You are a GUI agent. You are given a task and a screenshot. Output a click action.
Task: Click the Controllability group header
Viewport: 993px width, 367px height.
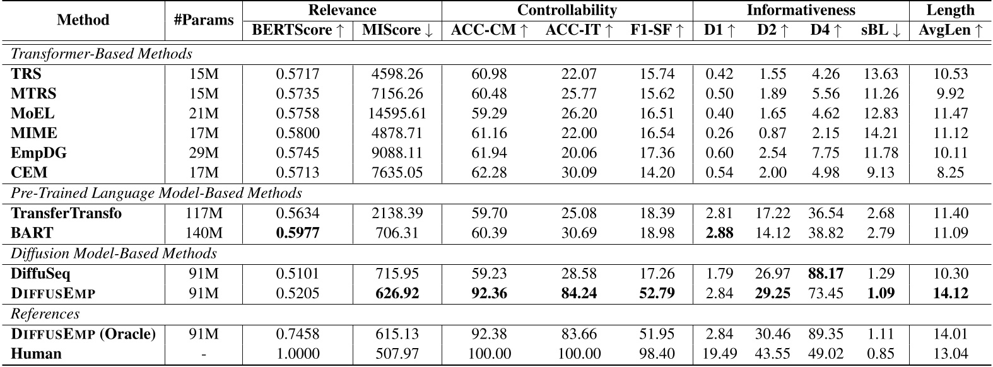point(567,10)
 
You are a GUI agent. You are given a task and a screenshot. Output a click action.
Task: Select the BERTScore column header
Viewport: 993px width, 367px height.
point(298,30)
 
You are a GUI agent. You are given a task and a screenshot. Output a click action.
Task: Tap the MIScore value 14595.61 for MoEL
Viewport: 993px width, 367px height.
point(397,114)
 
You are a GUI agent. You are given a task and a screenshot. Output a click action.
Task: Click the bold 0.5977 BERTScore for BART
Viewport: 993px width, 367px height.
point(298,233)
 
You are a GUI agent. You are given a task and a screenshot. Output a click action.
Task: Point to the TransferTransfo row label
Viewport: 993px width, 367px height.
point(67,213)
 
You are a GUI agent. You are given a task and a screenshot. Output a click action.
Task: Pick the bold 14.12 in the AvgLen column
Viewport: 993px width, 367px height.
point(950,293)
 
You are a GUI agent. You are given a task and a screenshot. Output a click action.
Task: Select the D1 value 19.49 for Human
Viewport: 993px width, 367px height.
point(719,353)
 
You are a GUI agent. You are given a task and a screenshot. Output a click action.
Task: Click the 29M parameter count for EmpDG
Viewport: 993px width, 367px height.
point(203,153)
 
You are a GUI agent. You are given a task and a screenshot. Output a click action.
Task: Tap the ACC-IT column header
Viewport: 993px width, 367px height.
point(579,30)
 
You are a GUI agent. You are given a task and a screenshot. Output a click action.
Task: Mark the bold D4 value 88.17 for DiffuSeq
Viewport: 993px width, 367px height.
point(826,274)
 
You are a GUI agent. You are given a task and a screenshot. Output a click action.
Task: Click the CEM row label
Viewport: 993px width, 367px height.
point(30,173)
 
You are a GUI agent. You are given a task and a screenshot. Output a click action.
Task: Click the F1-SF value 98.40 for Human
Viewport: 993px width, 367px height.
point(657,353)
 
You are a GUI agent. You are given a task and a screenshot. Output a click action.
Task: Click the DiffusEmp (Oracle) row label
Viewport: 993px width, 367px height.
point(83,334)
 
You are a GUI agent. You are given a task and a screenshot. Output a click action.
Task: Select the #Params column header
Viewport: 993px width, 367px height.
point(203,20)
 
